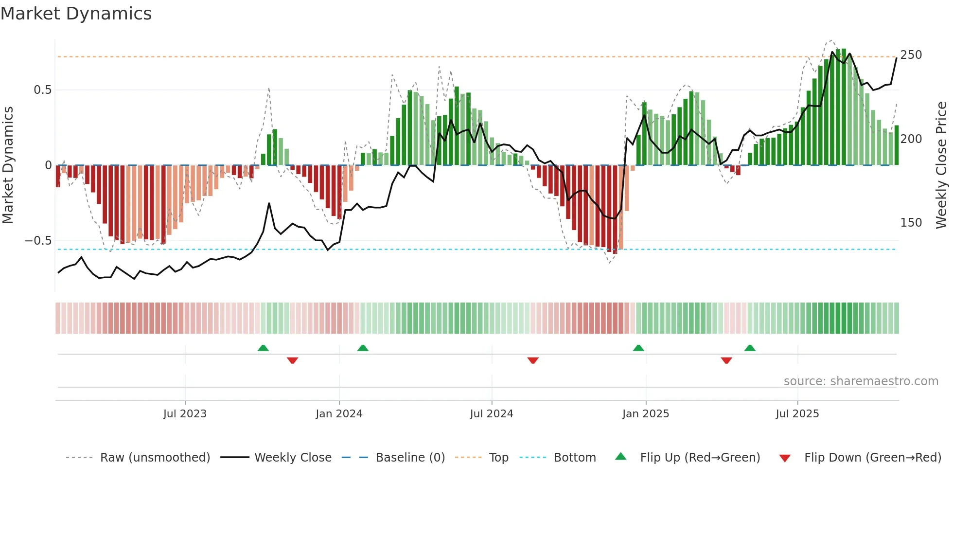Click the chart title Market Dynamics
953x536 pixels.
(76, 14)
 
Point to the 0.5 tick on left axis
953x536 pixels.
(42, 90)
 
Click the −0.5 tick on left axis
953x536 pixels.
(38, 241)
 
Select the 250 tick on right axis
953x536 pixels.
(911, 55)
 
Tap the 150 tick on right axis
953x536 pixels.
(911, 223)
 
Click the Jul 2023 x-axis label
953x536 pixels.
(185, 414)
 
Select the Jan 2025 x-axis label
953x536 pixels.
(646, 414)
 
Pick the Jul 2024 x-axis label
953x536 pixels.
(492, 414)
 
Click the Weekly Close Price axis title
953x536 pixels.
(941, 165)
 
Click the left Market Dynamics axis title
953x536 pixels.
(8, 165)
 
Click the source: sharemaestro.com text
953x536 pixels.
(861, 381)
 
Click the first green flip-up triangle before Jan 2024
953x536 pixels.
(263, 348)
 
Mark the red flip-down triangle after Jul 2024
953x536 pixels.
(533, 360)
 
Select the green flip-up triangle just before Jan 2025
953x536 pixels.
(638, 348)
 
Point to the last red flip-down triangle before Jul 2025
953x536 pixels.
(726, 360)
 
